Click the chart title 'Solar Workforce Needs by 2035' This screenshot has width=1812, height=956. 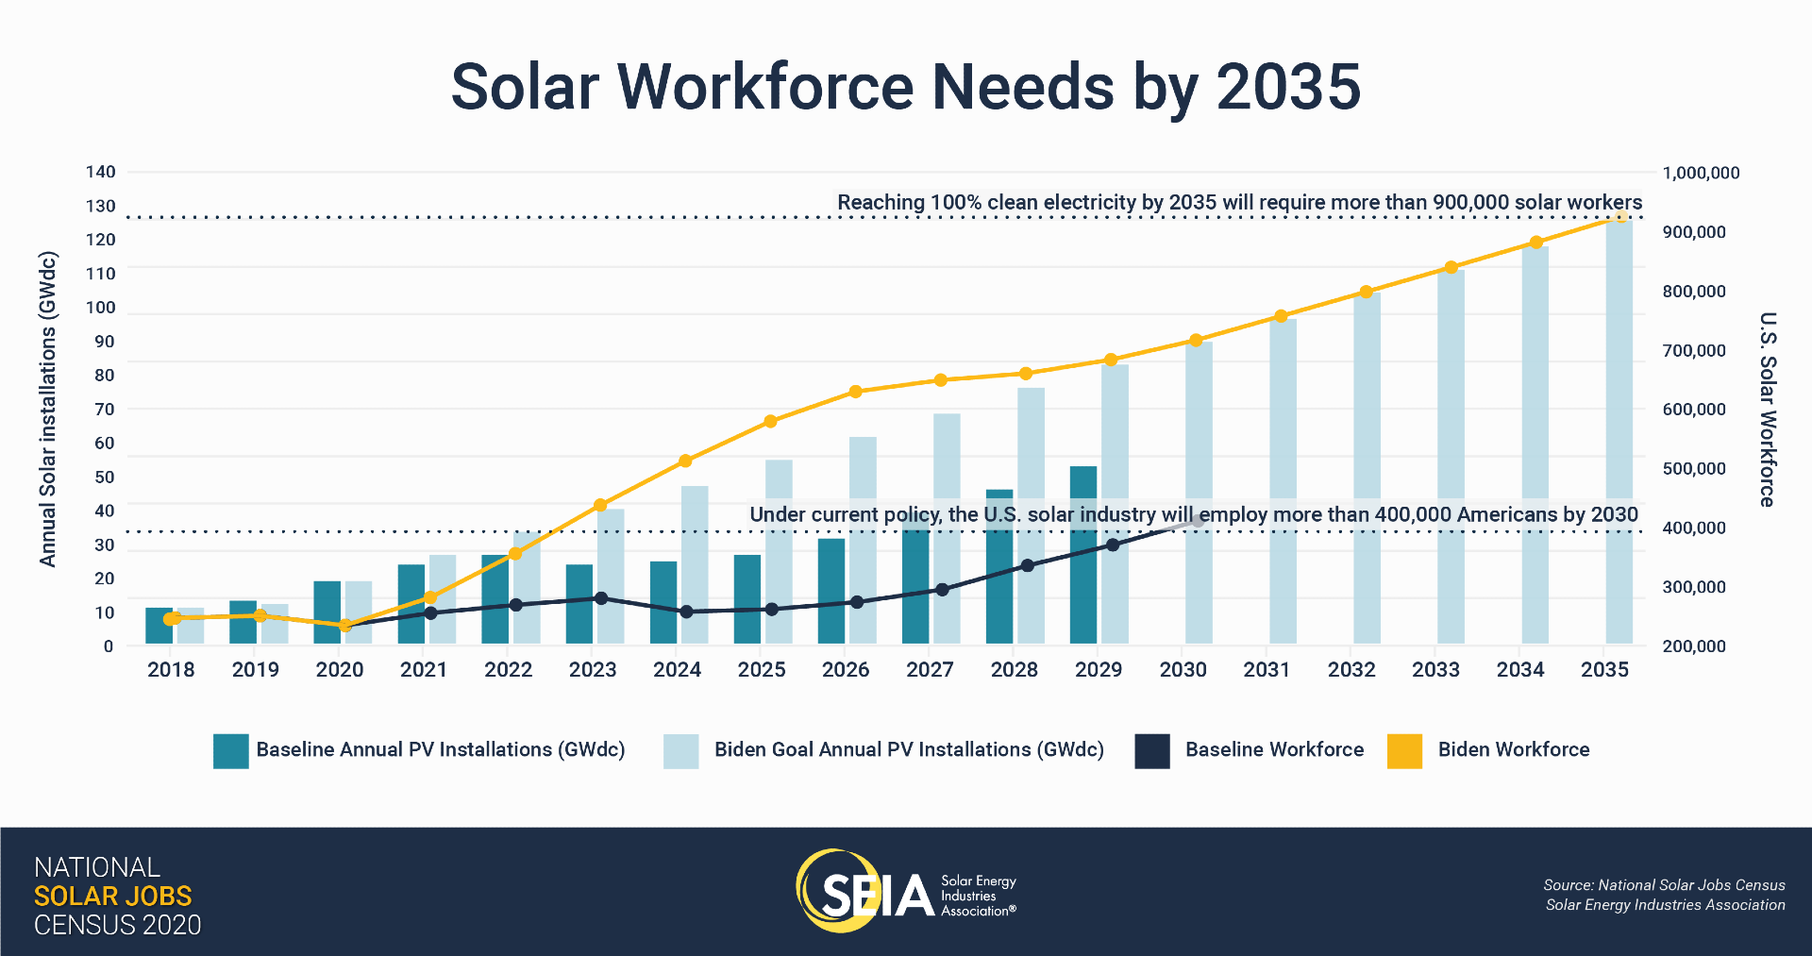point(905,87)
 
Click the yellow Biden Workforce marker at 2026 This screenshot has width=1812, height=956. point(855,392)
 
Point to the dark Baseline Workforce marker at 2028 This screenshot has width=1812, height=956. point(1028,566)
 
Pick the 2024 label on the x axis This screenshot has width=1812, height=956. point(677,670)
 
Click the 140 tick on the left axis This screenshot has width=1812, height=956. point(101,172)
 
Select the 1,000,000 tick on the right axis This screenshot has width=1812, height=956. point(1701,174)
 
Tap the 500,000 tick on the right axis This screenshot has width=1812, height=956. point(1693,469)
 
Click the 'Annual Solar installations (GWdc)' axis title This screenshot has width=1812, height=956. point(48,409)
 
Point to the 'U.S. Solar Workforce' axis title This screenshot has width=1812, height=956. point(1768,409)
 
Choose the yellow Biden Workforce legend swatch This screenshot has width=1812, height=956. point(1404,751)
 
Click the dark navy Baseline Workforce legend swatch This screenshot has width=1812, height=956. point(1152,751)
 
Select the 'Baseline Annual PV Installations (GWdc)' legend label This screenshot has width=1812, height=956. point(441,750)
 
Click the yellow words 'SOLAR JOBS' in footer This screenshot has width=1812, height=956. point(112,896)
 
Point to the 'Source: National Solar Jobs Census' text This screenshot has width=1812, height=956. point(1664,885)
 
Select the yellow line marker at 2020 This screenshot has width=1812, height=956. point(344,626)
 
